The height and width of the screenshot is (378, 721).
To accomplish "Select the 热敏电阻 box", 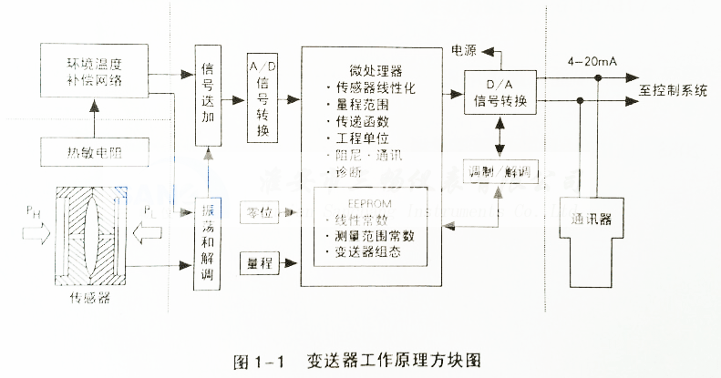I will (x=93, y=153).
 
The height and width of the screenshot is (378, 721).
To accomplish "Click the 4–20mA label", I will (x=592, y=60).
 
